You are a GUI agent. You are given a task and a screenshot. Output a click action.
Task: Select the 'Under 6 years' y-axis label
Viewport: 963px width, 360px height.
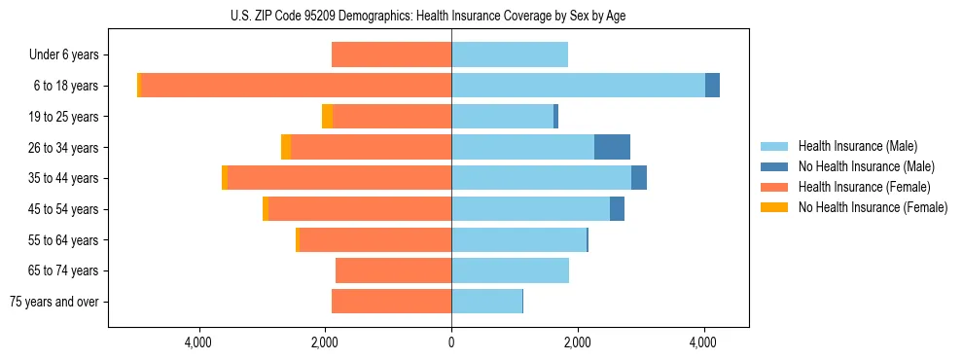click(x=63, y=55)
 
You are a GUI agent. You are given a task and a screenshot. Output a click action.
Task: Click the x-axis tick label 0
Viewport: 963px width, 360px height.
click(x=451, y=342)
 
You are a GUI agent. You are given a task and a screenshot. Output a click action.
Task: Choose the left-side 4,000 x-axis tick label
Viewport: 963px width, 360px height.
click(x=198, y=342)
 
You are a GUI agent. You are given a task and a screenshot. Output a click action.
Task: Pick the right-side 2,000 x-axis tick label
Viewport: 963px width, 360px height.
click(x=577, y=342)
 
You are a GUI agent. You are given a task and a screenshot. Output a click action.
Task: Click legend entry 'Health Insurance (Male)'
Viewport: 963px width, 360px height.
click(x=857, y=146)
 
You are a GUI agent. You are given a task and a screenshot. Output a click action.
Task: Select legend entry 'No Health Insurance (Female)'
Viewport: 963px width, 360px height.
click(x=873, y=207)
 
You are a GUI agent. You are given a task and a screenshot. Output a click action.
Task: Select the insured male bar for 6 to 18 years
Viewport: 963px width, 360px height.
click(x=578, y=86)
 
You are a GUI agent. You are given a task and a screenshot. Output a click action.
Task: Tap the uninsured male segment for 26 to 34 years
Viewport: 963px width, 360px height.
click(x=612, y=147)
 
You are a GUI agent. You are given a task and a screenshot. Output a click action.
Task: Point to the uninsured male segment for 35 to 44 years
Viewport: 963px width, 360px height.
click(x=639, y=178)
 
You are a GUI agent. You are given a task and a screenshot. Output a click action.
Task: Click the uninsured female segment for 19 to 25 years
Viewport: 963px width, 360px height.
click(x=327, y=117)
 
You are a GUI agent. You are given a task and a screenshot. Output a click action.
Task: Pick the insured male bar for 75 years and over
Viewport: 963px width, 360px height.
click(x=486, y=302)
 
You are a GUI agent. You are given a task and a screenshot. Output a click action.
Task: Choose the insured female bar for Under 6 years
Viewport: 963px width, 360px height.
click(x=391, y=55)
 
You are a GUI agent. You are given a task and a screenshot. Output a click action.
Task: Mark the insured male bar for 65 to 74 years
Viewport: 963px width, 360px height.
click(x=510, y=270)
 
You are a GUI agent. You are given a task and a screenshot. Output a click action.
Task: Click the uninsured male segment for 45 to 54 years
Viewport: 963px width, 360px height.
click(x=617, y=209)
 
